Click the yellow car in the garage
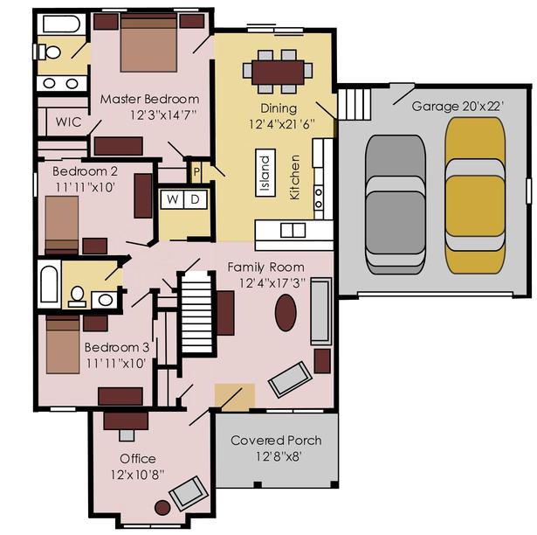click(x=475, y=196)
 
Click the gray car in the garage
click(x=396, y=205)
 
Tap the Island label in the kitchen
click(x=265, y=173)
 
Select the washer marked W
click(x=173, y=199)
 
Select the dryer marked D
click(x=196, y=199)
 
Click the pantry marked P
click(x=196, y=171)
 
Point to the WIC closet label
click(x=68, y=122)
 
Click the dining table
click(x=278, y=73)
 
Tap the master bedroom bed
click(x=148, y=43)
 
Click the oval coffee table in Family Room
click(x=286, y=313)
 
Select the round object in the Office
click(x=162, y=508)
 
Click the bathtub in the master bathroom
click(x=61, y=24)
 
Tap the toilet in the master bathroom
click(x=50, y=52)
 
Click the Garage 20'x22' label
click(x=458, y=107)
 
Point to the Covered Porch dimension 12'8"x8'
click(x=279, y=456)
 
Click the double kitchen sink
click(x=293, y=230)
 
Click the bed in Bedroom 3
click(x=63, y=344)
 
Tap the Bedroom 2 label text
click(x=85, y=171)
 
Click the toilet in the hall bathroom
click(x=77, y=296)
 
